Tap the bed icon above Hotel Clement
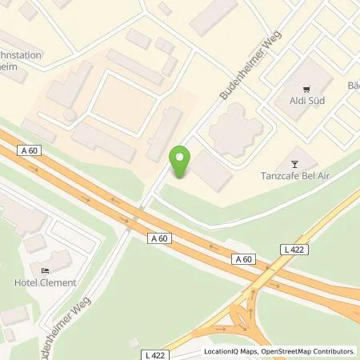click(45, 268)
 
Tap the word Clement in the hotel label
click(60, 282)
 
